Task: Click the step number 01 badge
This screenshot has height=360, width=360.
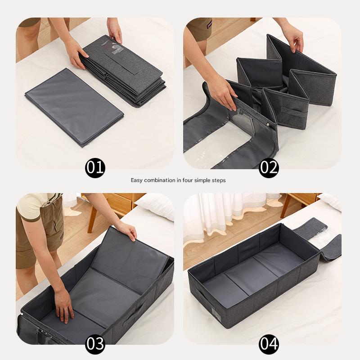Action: coord(95,168)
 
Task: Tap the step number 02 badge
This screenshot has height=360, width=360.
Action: coord(269,168)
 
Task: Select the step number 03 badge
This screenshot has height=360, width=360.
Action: coord(95,344)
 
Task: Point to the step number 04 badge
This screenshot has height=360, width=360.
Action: coord(269,344)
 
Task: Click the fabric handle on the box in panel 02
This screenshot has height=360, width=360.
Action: coord(294,112)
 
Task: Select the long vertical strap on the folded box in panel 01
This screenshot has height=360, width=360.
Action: coord(123,62)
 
